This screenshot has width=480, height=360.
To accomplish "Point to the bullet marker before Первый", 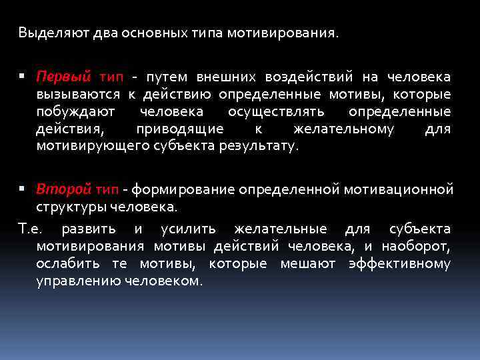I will tap(24, 77).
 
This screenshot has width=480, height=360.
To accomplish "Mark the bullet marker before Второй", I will tap(24, 190).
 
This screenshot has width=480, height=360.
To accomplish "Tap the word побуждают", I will tap(75, 111).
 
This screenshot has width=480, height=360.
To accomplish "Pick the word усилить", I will tap(188, 229).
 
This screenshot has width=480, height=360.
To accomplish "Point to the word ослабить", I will tap(65, 264).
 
